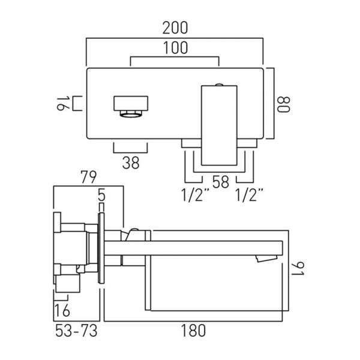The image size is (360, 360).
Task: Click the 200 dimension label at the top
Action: coord(175,28)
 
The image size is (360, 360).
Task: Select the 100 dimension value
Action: coord(176,48)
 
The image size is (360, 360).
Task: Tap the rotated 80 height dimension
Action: coord(284,104)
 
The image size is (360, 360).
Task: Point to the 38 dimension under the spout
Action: coord(131,163)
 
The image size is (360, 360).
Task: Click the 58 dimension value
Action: coord(221,182)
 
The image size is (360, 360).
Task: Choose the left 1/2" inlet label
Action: coord(193,195)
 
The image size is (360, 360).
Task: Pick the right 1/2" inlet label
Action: coord(249,195)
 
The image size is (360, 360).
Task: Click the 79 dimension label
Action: coord(88,177)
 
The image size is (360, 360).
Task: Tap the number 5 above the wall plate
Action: coord(101,195)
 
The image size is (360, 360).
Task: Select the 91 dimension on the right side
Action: coord(298,268)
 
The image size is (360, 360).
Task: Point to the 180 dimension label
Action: coord(193,331)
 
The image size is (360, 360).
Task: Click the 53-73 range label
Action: coord(76,331)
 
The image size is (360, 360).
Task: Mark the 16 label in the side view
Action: coord(62,310)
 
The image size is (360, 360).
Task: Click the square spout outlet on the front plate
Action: coord(131,103)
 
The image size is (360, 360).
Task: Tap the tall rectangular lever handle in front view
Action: coord(219,125)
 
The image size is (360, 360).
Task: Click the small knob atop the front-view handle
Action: coord(219,85)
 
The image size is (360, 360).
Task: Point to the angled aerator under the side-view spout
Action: coord(266,259)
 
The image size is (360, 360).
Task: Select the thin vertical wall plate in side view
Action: coord(101,248)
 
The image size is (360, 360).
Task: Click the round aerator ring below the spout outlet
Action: coord(131,114)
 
